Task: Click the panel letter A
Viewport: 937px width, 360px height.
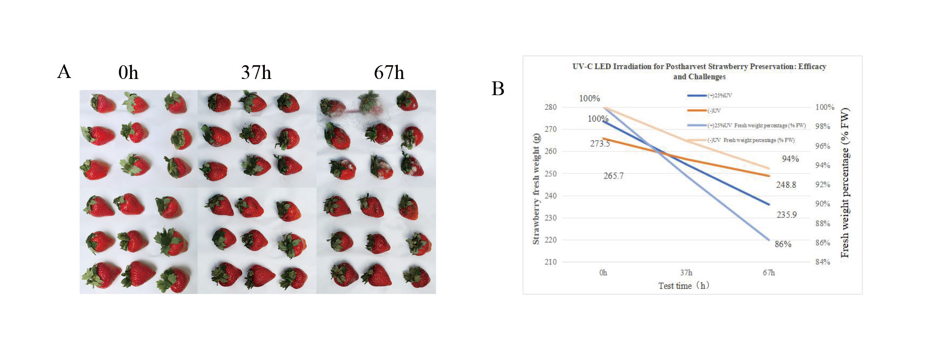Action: pyautogui.click(x=64, y=72)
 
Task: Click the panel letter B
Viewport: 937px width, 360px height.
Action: pyautogui.click(x=497, y=89)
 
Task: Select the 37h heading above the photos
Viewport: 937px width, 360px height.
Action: pyautogui.click(x=256, y=73)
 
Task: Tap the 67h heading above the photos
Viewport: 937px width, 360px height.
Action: pyautogui.click(x=389, y=73)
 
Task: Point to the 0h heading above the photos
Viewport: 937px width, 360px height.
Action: pyautogui.click(x=129, y=73)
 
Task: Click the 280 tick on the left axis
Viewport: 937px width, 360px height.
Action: pyautogui.click(x=550, y=107)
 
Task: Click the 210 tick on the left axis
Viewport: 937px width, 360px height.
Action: pyautogui.click(x=550, y=262)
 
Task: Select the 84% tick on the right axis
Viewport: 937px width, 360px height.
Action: pyautogui.click(x=823, y=262)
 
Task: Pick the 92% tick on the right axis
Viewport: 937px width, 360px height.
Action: pyautogui.click(x=823, y=184)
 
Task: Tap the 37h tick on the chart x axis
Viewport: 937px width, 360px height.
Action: pyautogui.click(x=686, y=273)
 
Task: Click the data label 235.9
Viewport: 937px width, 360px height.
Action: pyautogui.click(x=786, y=215)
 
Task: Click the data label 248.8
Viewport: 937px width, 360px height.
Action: pyautogui.click(x=786, y=185)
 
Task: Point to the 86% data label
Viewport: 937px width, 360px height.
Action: pyautogui.click(x=783, y=244)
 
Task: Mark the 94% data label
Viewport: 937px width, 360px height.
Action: pyautogui.click(x=790, y=159)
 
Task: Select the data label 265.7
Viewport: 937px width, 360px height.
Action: pyautogui.click(x=613, y=176)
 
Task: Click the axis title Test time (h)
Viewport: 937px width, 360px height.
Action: pyautogui.click(x=684, y=286)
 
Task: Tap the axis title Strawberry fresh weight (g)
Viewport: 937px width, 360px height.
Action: pyautogui.click(x=536, y=189)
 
